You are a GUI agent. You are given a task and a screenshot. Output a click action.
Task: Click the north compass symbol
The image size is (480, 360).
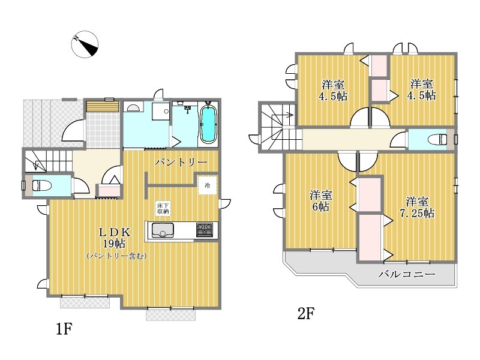[x=85, y=44]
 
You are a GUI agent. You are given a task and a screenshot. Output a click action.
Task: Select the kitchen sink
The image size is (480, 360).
[x=163, y=230]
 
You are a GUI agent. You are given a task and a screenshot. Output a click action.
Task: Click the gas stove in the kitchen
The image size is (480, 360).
[x=205, y=230]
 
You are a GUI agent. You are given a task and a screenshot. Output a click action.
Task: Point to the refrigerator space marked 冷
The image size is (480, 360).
[x=208, y=185]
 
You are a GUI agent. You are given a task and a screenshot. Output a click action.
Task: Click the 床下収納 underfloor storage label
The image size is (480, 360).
[x=163, y=208]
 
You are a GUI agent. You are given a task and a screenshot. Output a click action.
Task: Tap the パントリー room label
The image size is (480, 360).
[x=181, y=162]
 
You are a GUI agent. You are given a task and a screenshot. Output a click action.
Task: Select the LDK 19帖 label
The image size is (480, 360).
[x=115, y=238]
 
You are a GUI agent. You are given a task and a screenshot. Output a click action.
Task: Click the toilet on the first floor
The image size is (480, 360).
[x=41, y=185]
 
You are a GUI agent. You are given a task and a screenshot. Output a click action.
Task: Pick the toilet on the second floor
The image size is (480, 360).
[x=438, y=140]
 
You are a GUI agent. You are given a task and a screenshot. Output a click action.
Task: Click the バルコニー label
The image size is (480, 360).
[x=407, y=274]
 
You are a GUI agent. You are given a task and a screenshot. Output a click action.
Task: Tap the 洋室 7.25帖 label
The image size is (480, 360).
[x=417, y=207]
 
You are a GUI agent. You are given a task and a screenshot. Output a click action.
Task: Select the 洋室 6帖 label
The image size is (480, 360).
[x=320, y=201]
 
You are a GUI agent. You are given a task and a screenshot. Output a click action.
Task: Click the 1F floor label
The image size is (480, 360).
[x=64, y=329]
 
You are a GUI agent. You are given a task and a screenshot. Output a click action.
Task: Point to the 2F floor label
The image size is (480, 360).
[x=306, y=313]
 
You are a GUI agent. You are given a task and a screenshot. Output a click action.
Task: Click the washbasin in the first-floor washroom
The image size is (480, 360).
[x=133, y=107]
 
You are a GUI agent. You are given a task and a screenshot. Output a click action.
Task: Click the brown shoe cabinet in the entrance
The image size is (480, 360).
[x=102, y=106]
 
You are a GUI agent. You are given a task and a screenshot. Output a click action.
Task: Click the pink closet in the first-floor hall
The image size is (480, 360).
[x=109, y=191]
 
